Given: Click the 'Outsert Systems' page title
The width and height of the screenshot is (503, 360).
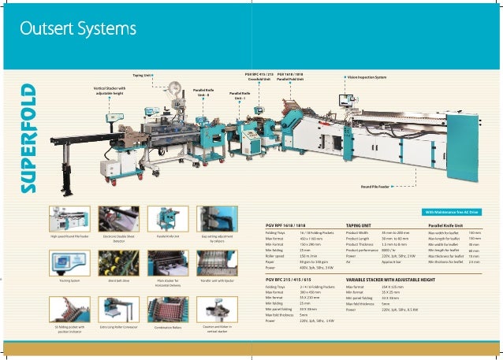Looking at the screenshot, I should point(78,30).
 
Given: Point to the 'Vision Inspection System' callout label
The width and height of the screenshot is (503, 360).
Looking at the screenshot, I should point(367,77).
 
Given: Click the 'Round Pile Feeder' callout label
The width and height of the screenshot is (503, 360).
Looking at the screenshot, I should point(376,187).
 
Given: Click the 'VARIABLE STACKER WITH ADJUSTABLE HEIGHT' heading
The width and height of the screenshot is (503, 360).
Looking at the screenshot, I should point(391,279).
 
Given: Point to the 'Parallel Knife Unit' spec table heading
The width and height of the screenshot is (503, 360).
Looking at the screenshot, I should point(446,225).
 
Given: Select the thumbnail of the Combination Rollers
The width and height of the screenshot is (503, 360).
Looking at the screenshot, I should point(168,309).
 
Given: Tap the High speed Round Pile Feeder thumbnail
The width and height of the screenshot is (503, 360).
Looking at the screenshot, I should point(69,217).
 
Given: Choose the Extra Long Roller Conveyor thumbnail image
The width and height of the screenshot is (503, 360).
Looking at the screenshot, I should point(118,309).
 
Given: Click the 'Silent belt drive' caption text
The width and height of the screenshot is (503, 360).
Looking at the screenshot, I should point(118,280).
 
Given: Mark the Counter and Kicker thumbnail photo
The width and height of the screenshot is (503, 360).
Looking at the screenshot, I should point(217,308).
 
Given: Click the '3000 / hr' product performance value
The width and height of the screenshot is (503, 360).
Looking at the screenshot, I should point(390,250).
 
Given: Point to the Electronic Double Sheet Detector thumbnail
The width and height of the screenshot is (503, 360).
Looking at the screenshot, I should point(118,217).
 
